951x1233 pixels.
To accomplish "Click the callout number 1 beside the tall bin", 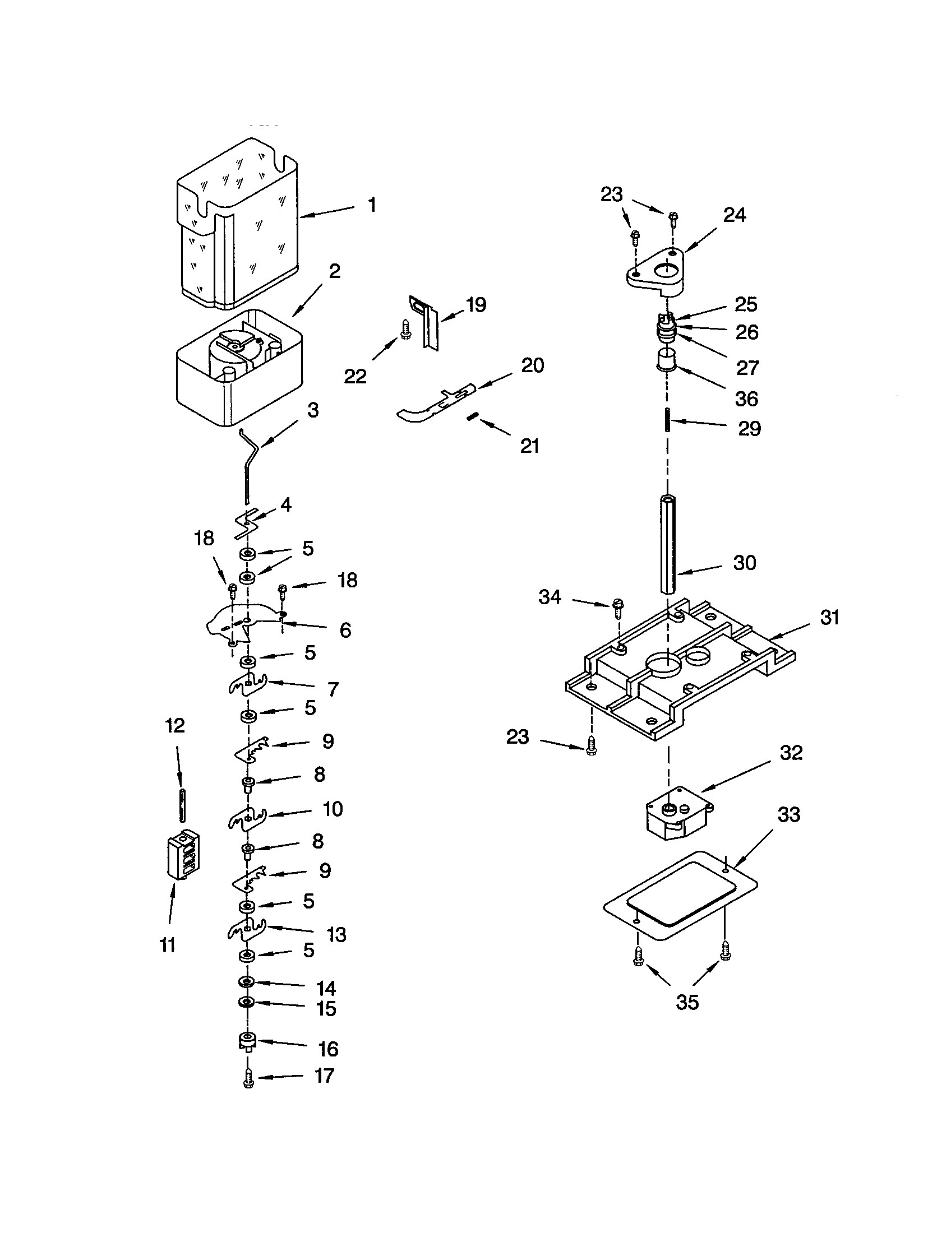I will point(371,205).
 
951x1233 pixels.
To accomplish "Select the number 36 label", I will point(746,399).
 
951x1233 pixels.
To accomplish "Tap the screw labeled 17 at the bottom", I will point(248,1079).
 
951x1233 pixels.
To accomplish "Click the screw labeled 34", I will point(617,610).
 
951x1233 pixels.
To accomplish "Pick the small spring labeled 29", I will point(668,420).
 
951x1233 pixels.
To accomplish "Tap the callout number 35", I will point(687,1002).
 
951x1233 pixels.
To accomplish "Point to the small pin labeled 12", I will point(182,804).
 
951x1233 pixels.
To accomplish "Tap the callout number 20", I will point(532,365).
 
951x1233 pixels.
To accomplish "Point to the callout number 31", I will point(829,617).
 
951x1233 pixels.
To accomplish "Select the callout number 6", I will point(345,629).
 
